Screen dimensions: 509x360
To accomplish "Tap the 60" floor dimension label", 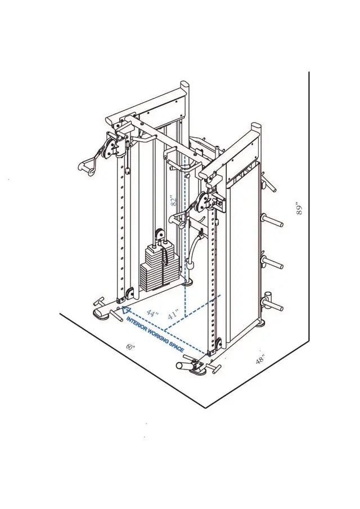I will (x=131, y=348).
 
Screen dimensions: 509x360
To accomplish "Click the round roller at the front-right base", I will (x=184, y=365).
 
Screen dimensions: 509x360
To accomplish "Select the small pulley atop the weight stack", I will (x=158, y=233).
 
